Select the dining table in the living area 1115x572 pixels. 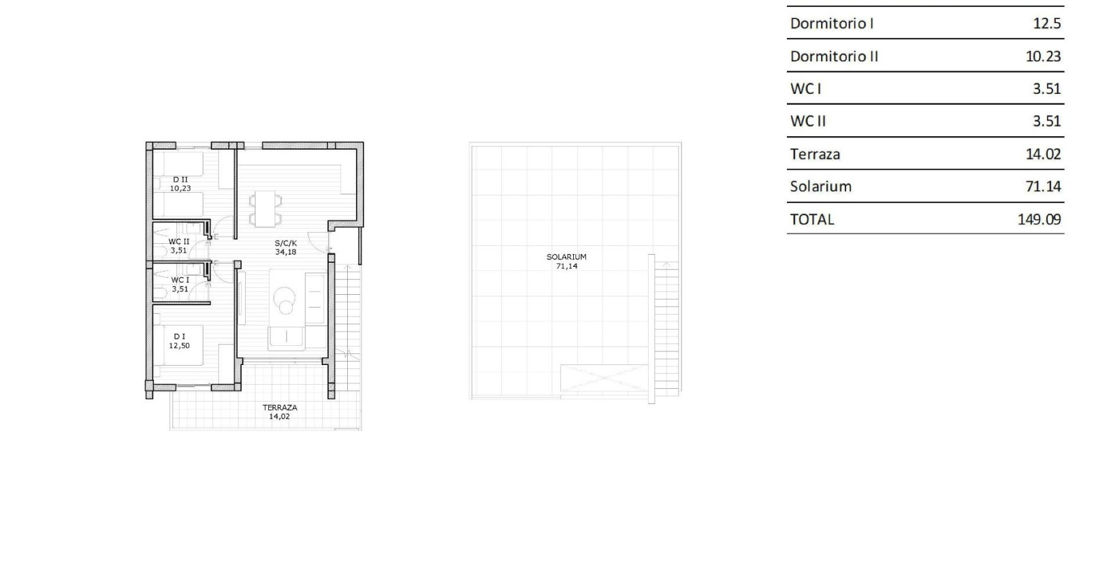265,209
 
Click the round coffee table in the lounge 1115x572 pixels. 285,298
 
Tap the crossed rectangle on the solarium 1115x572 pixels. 604,377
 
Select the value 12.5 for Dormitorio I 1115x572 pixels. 1046,23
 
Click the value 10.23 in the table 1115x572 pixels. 1043,56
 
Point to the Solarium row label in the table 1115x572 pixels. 820,186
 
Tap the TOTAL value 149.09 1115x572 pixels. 1039,219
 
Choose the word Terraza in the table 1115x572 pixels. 815,154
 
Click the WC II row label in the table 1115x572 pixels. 808,121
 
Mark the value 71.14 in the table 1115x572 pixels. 1043,186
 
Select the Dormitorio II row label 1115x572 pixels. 834,56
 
